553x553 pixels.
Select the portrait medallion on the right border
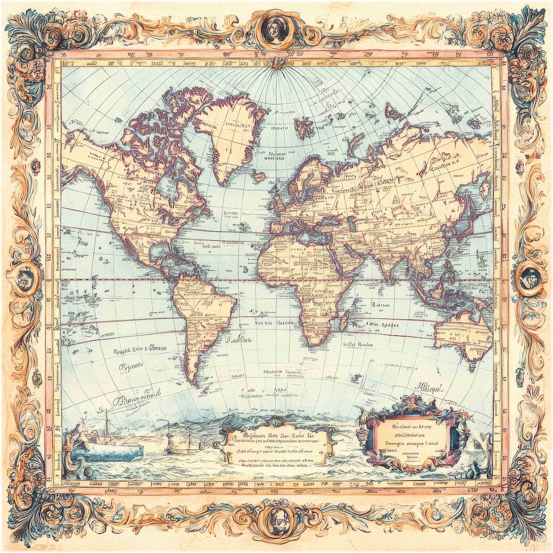coord(529,279)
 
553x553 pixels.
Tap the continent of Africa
coord(302,276)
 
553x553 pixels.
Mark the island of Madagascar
coord(345,321)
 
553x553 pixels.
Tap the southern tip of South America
coord(193,381)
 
